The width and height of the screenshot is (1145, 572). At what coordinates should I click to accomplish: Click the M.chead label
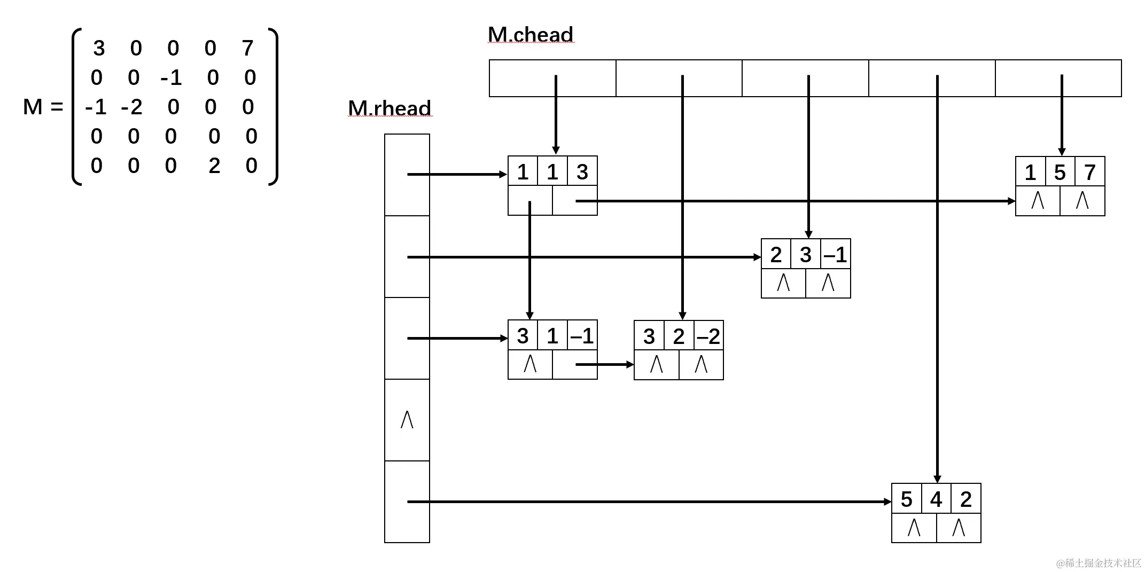click(530, 35)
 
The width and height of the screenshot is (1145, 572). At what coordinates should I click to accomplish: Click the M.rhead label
click(389, 108)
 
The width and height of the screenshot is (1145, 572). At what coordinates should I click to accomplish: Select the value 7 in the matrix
click(247, 49)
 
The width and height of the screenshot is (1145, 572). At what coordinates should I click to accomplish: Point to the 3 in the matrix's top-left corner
click(99, 49)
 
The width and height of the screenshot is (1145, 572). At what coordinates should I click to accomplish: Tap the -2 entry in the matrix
click(131, 107)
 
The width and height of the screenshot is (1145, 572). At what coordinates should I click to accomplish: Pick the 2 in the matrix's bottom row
click(214, 166)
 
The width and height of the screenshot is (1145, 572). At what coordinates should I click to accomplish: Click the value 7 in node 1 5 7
click(1089, 173)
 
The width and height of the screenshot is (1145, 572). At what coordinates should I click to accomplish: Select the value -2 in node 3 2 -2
click(708, 336)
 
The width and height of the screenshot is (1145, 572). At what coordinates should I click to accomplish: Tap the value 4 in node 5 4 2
click(936, 500)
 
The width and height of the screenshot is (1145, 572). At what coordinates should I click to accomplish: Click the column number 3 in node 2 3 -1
click(806, 255)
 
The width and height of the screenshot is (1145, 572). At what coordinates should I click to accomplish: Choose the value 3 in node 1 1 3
click(582, 172)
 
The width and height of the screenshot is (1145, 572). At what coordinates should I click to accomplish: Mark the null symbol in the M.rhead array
click(407, 420)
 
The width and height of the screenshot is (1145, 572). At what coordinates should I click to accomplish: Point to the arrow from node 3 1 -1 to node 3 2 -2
click(604, 365)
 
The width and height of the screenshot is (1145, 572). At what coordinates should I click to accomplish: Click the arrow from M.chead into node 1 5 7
click(1062, 115)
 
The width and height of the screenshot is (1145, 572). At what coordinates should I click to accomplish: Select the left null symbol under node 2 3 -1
click(783, 283)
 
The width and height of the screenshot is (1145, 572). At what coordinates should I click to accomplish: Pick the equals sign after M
click(56, 107)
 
